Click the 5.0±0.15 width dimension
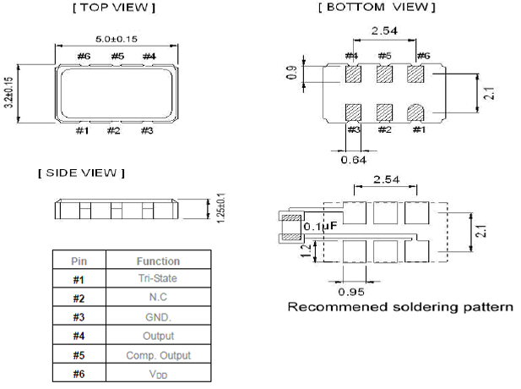coord(116,37)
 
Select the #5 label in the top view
coord(117,56)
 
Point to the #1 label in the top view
coord(82,130)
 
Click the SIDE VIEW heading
coord(81,173)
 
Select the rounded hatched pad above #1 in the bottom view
coord(415,112)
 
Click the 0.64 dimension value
coord(353,157)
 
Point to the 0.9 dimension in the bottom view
coord(292,74)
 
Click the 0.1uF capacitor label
coord(321,226)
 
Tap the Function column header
coord(158,260)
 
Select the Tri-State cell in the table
coord(158,279)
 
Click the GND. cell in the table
coord(158,317)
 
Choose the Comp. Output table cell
coord(158,355)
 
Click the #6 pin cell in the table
coord(78,374)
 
